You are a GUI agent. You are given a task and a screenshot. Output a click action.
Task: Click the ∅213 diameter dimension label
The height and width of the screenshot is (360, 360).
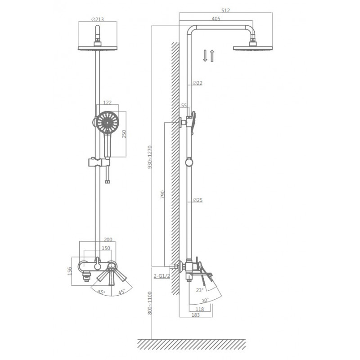click(x=98, y=19)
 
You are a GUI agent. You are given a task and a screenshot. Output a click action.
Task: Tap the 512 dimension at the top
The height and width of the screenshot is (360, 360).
click(x=225, y=10)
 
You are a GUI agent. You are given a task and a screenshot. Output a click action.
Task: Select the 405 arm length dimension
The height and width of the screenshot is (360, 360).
click(x=216, y=18)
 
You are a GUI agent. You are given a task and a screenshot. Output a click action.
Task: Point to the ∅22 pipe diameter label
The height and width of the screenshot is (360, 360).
click(x=198, y=83)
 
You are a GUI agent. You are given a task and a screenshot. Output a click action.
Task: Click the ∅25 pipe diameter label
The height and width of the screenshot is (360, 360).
click(x=198, y=200)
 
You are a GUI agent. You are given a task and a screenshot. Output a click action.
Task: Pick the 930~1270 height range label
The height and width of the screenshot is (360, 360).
click(x=150, y=157)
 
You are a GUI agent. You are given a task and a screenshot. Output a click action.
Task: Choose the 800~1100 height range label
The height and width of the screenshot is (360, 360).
click(x=150, y=303)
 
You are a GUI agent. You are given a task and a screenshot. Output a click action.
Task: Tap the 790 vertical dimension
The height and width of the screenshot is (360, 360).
click(x=162, y=194)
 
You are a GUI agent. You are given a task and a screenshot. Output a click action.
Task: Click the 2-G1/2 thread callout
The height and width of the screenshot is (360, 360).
click(x=162, y=276)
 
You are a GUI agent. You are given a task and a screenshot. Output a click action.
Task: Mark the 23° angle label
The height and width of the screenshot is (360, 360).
click(x=200, y=290)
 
